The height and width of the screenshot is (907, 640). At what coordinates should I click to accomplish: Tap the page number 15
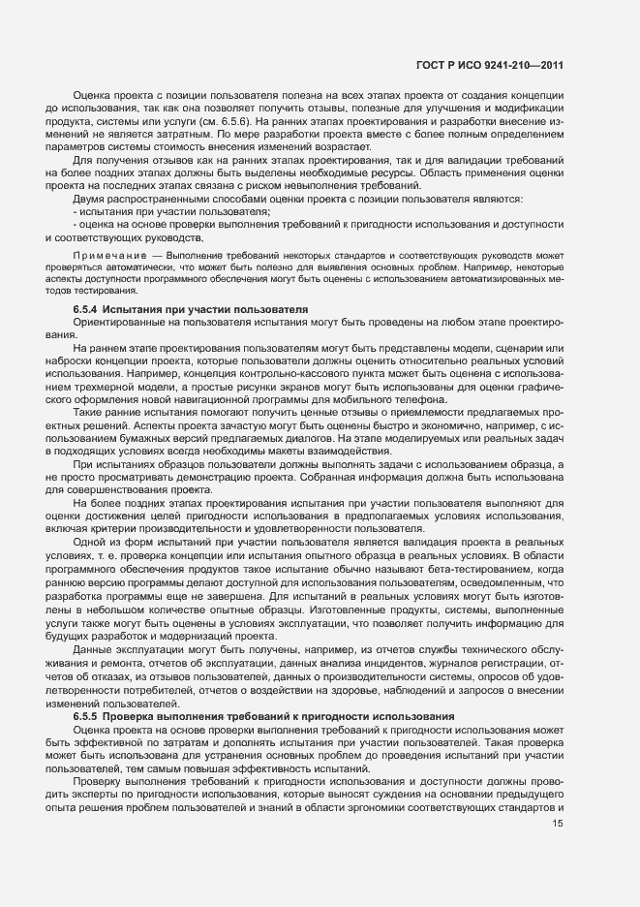[557, 824]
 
